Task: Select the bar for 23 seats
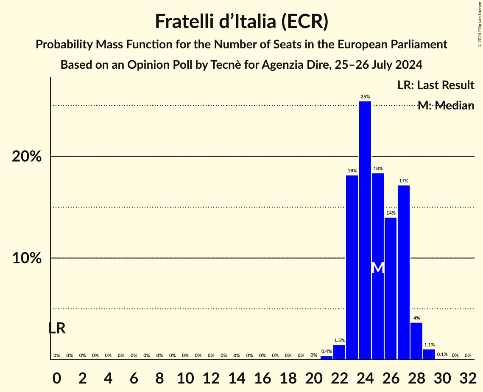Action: pyautogui.click(x=352, y=267)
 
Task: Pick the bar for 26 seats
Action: pyautogui.click(x=391, y=288)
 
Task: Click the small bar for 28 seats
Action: pyautogui.click(x=416, y=341)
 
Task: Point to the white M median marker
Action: pyautogui.click(x=378, y=268)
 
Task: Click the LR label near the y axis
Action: pyautogui.click(x=57, y=328)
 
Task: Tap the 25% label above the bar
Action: pyautogui.click(x=365, y=97)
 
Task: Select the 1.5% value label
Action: pyautogui.click(x=339, y=340)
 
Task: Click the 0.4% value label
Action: pyautogui.click(x=326, y=351)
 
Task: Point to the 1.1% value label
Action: pyautogui.click(x=429, y=345)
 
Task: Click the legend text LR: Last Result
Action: pyautogui.click(x=436, y=85)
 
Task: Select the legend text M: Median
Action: pyautogui.click(x=446, y=106)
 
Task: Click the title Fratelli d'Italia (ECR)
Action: pyautogui.click(x=241, y=21)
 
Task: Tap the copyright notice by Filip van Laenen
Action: pyautogui.click(x=480, y=23)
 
